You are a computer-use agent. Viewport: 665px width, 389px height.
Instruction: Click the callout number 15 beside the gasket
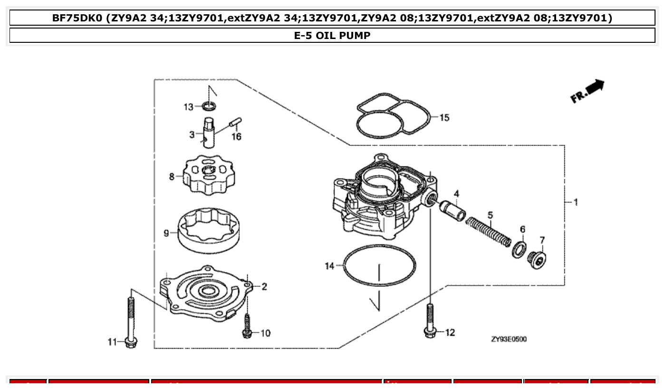point(444,117)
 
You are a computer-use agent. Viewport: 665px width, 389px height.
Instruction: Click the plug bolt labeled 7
point(537,259)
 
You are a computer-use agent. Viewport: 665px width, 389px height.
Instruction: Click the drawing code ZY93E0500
point(509,339)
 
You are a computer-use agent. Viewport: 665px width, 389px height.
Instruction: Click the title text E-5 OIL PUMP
point(332,36)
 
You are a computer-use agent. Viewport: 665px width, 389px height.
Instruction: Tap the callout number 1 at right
point(576,202)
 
